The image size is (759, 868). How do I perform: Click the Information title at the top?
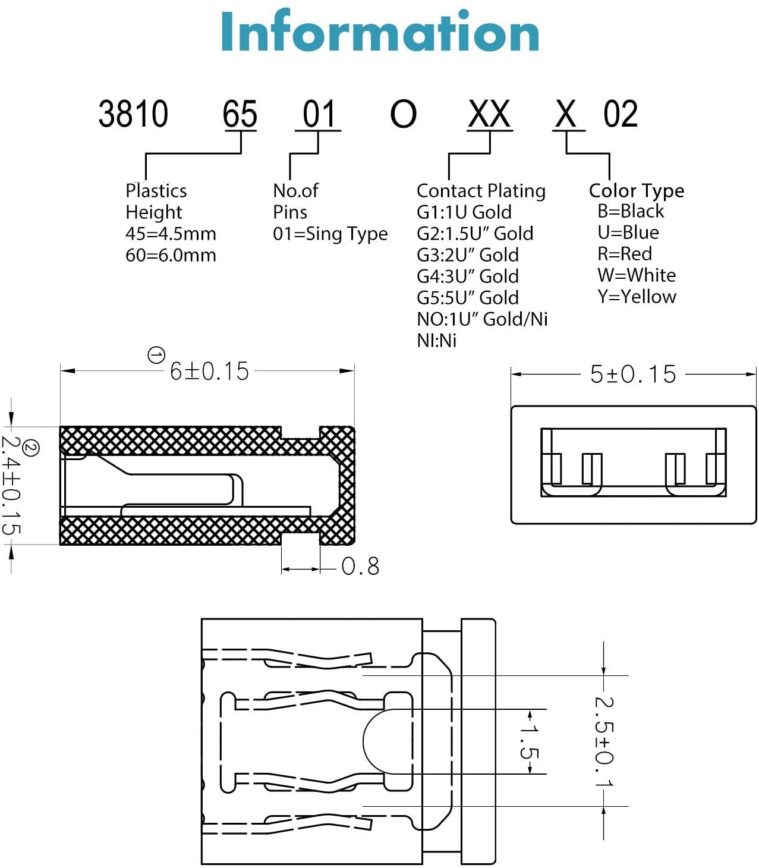380,32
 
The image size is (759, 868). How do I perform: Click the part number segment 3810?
133,114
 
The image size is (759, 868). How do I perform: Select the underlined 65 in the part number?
240,114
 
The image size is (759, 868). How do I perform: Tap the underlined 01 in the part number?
319,114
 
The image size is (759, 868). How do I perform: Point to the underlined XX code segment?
489,114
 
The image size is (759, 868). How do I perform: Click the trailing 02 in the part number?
621,114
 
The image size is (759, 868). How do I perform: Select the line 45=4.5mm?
171,234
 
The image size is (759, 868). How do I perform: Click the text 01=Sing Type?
330,234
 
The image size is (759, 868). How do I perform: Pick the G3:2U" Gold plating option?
468,255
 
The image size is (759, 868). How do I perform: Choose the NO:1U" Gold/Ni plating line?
482,319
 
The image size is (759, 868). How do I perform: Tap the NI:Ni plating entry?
437,341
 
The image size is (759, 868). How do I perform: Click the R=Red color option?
625,254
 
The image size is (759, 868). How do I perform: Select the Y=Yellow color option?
637,297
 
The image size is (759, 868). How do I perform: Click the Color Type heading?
637,191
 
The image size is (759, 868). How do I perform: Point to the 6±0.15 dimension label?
209,372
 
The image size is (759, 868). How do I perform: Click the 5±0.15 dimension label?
633,375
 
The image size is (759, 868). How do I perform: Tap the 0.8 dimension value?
360,567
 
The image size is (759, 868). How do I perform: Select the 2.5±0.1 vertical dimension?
604,741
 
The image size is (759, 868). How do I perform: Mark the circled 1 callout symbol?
156,356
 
